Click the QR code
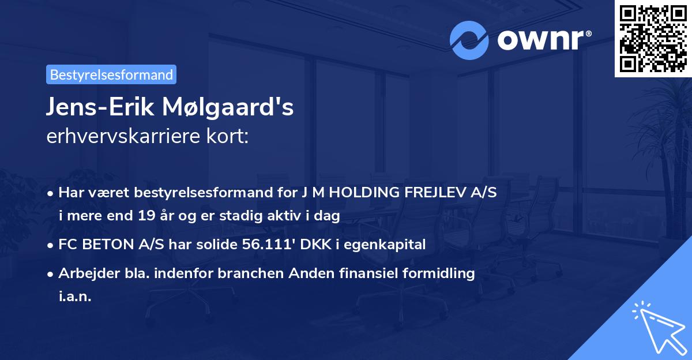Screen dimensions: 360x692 (x=653, y=39)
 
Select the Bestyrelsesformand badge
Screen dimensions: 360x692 (x=111, y=74)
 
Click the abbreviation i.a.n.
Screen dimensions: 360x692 (x=74, y=297)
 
